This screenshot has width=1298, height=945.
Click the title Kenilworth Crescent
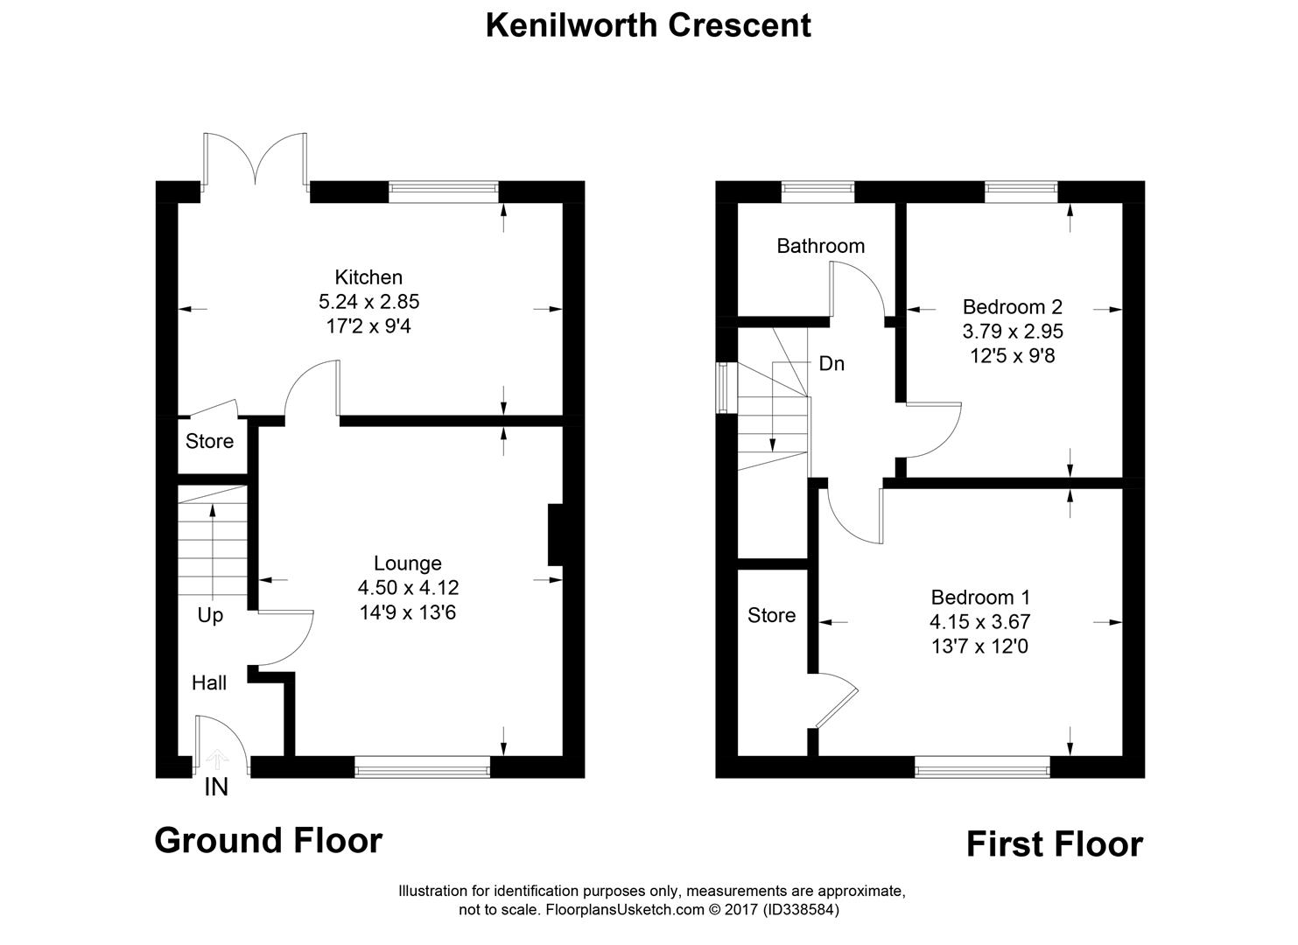[648, 25]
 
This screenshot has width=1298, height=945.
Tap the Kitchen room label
[369, 277]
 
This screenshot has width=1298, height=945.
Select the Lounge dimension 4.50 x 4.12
[408, 588]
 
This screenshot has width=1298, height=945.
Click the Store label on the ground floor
[209, 441]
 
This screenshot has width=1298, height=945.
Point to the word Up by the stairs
[210, 615]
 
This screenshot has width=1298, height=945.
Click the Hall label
[209, 682]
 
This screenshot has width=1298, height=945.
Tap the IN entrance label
[216, 787]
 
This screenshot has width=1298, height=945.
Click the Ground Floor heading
[269, 841]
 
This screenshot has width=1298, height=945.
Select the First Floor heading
[1054, 844]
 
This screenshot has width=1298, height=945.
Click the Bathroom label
[820, 246]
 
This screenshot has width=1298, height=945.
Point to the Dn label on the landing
[831, 364]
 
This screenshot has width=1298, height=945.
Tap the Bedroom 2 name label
[1012, 307]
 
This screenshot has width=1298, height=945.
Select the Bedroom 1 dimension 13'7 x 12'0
[980, 647]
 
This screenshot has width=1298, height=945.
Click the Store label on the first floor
[771, 615]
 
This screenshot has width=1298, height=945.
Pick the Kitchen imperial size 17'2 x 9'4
[369, 326]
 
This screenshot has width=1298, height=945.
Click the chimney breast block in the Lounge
[554, 535]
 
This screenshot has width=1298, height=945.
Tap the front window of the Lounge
[423, 767]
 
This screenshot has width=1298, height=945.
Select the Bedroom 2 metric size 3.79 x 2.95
[1012, 332]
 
